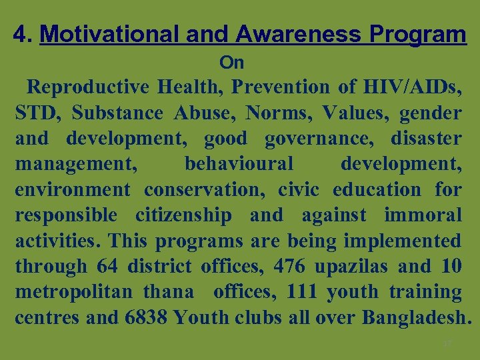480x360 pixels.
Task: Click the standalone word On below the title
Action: click(232, 63)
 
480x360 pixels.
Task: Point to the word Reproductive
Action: click(89, 87)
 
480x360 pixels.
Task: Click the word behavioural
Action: click(239, 164)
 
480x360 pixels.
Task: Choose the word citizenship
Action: click(184, 215)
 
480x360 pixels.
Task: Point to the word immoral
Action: click(423, 215)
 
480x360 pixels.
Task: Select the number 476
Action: click(289, 267)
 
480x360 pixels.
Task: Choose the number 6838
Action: click(146, 317)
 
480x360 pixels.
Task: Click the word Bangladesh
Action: click(417, 317)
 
